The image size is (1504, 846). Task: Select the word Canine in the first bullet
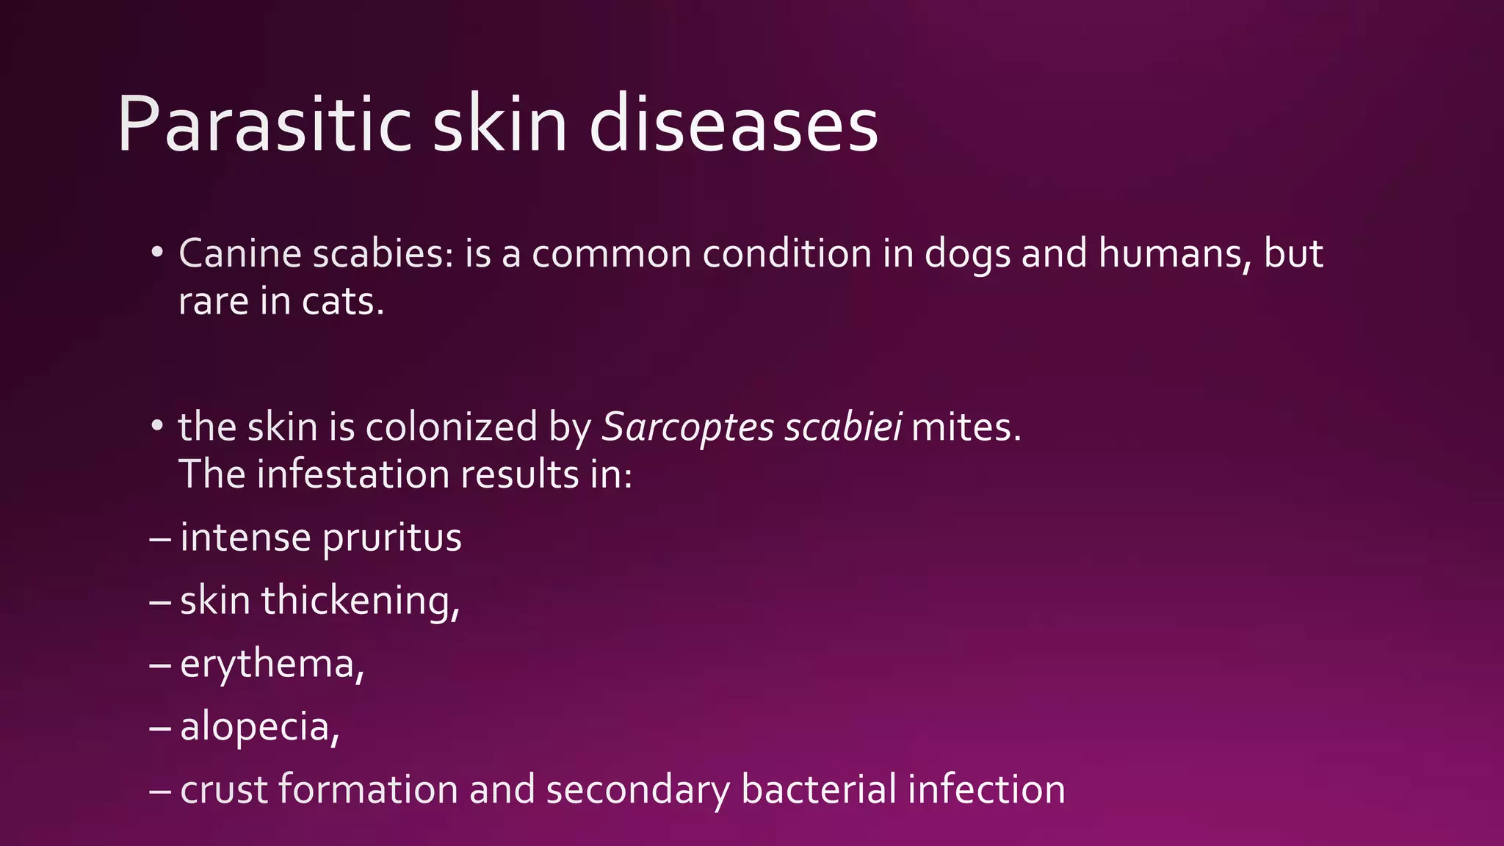coord(240,253)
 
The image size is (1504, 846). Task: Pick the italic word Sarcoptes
coord(687,427)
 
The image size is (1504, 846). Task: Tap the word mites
coord(965,427)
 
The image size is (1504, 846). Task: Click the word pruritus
coord(392,538)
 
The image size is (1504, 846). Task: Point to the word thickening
coord(360,601)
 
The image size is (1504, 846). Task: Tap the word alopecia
coord(259,727)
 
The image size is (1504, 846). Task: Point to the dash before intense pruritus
coord(159,538)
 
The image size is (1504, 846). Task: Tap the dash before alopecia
coord(159,727)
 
